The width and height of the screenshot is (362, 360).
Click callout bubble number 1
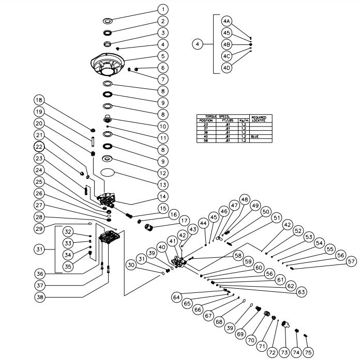(x=163, y=9)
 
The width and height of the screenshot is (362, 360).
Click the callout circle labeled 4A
(x=227, y=21)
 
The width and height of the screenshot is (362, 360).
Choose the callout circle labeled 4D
(x=227, y=67)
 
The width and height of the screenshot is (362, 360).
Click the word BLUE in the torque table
(x=254, y=137)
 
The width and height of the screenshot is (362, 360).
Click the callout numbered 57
(x=351, y=261)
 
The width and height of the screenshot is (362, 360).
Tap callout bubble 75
(x=308, y=353)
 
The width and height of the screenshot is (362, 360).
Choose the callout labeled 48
(x=244, y=199)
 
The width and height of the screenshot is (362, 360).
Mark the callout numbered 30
(x=130, y=265)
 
